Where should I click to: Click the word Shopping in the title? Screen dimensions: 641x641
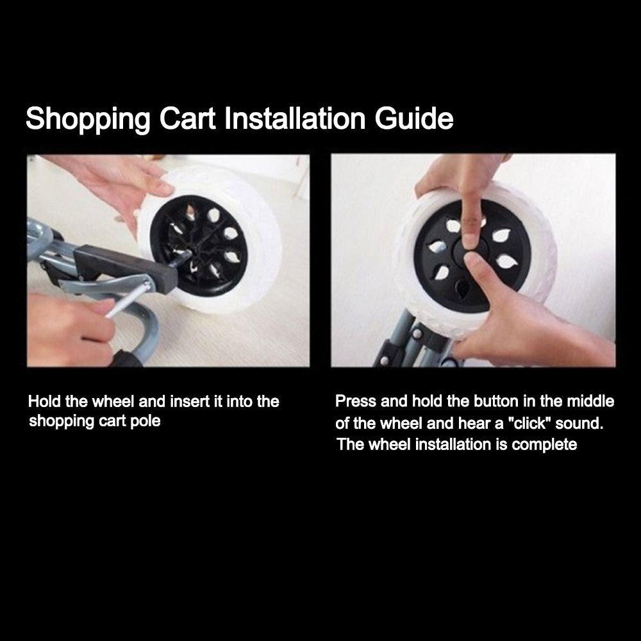88,120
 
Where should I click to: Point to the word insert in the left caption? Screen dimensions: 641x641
190,402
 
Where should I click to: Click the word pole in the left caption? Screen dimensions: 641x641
146,421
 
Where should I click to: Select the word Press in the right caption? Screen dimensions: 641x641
356,402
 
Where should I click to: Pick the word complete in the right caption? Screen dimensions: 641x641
545,444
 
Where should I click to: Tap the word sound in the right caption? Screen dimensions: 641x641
580,423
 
